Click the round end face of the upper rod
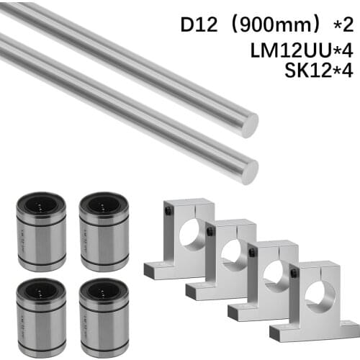click(x=249, y=125)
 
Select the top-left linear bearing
click(x=41, y=231)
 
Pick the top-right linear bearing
click(x=104, y=231)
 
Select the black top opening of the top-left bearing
click(x=41, y=202)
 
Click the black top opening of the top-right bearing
click(x=104, y=202)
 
